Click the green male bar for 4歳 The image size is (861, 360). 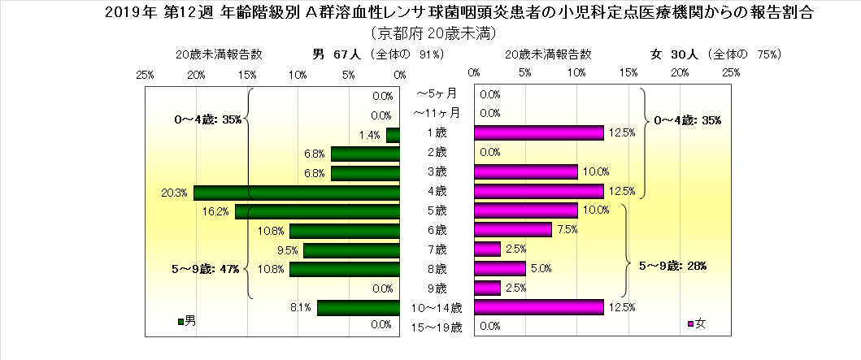pos(297,192)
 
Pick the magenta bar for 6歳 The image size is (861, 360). pos(512,230)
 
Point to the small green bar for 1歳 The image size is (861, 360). pos(393,135)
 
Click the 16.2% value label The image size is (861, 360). pos(216,211)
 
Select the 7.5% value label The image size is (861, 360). pos(567,230)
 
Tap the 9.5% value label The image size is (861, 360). pos(288,250)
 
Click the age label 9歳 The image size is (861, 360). pos(437,288)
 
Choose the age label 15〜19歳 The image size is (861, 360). pos(437,327)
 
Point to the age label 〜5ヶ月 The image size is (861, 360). pos(437,93)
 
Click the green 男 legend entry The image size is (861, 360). pos(186,322)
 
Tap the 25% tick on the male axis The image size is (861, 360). pos(146,74)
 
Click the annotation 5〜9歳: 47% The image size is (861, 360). pos(207,269)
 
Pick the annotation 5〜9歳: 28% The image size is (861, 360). pos(672,265)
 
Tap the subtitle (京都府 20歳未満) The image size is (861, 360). pos(431,33)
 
